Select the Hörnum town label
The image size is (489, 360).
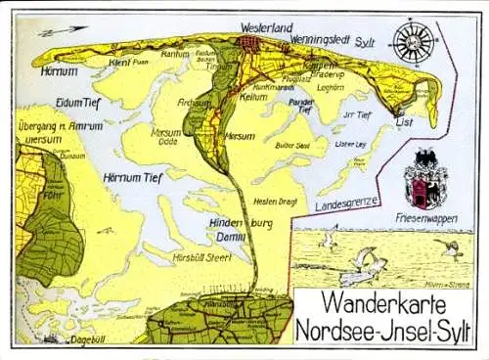point(60,71)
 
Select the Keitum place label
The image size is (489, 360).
point(253,97)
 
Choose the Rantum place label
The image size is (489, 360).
point(174,54)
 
